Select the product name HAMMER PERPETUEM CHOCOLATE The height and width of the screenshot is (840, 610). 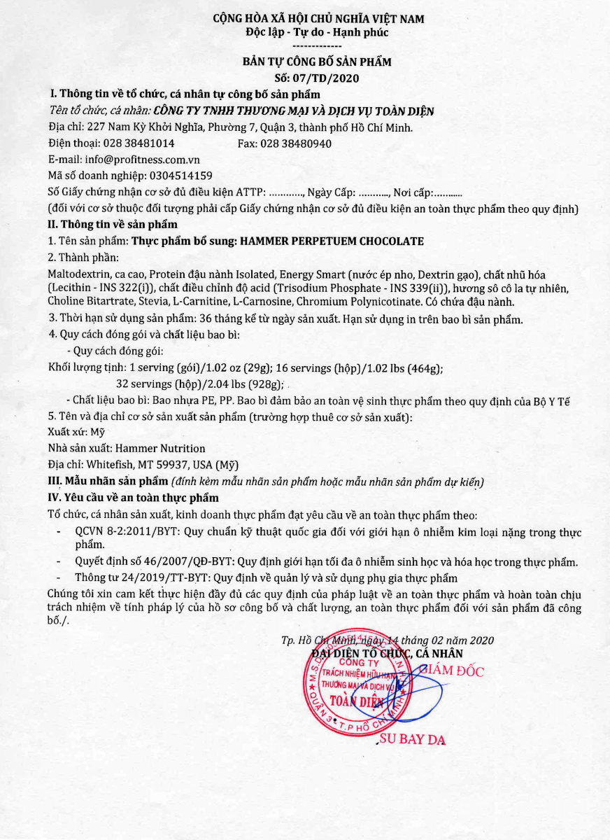tap(332, 241)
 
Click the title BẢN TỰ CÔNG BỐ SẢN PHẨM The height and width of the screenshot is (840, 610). tap(317, 62)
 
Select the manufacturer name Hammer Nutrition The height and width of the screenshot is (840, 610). tap(160, 448)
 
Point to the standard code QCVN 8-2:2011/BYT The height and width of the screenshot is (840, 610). tap(129, 532)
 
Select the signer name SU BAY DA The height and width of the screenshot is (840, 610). tap(413, 741)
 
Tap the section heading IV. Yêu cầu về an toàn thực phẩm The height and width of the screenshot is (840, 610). tap(133, 498)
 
